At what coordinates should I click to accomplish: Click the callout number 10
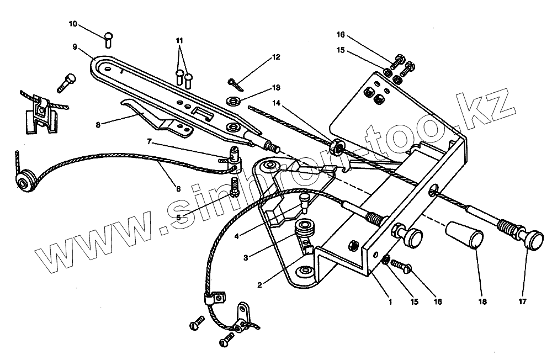73,25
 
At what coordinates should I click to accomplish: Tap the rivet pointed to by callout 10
108,39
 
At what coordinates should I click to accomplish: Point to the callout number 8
99,125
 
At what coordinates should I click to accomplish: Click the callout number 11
178,41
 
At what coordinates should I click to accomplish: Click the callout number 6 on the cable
178,188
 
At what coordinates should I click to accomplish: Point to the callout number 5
178,217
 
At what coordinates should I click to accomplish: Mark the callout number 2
260,285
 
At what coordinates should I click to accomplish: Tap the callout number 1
390,302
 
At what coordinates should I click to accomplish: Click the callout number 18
480,302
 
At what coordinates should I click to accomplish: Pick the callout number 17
522,302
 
